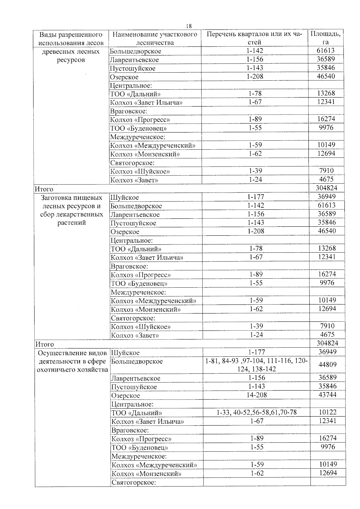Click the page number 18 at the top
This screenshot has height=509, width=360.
pyautogui.click(x=189, y=26)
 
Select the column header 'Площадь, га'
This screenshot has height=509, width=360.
pyautogui.click(x=325, y=38)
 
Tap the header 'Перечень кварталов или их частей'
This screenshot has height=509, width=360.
pyautogui.click(x=254, y=38)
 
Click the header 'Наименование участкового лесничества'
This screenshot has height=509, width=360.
pyautogui.click(x=155, y=38)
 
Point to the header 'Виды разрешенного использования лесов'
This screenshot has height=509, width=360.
pyautogui.click(x=71, y=38)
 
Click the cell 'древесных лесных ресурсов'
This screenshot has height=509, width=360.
pyautogui.click(x=71, y=56)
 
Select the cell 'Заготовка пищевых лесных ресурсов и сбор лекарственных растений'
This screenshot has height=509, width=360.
pyautogui.click(x=71, y=210)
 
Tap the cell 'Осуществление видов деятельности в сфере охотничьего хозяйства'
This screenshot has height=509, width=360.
pyautogui.click(x=72, y=361)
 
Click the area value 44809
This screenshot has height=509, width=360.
pyautogui.click(x=327, y=364)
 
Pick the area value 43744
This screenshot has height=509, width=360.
pyautogui.click(x=327, y=395)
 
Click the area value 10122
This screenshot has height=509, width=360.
pyautogui.click(x=328, y=412)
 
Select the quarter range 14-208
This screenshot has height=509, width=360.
pyautogui.click(x=256, y=395)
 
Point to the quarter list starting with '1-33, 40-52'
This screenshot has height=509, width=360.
pyautogui.click(x=256, y=412)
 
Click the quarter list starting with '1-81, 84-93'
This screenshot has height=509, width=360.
pyautogui.click(x=256, y=365)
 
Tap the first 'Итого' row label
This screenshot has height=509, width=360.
pyautogui.click(x=44, y=189)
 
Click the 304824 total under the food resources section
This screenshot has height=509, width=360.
pyautogui.click(x=327, y=343)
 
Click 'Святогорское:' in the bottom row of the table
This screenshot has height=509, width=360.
pyautogui.click(x=134, y=482)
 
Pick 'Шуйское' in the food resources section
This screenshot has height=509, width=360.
pyautogui.click(x=125, y=197)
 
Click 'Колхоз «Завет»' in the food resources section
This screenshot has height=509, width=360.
pyautogui.click(x=135, y=335)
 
